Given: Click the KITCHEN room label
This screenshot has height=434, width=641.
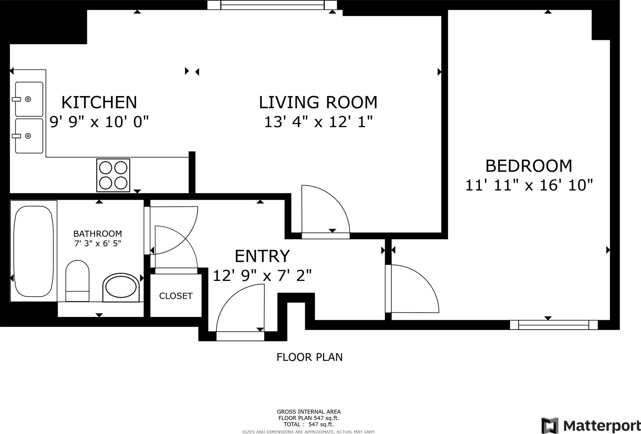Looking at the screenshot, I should pos(99,102).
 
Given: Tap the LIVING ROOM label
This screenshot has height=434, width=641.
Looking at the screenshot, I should pos(318,102).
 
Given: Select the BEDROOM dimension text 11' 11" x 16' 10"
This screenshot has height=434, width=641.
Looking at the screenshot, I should pos(529,185).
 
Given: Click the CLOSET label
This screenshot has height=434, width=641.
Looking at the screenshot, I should pos(176,296).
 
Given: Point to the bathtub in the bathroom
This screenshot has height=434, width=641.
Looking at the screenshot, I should pos(33,251).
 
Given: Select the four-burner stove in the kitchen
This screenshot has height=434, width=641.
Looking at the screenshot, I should pos(113,175).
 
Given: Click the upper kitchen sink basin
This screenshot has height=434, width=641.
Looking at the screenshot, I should pos(29,99).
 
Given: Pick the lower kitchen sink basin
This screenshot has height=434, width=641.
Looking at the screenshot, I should pos(29,136).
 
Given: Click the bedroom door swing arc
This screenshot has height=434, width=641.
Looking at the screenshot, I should pos(416,288).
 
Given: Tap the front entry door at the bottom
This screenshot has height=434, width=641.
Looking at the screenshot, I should pos(240,336).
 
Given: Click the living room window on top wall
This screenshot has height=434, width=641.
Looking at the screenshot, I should pos(272,5).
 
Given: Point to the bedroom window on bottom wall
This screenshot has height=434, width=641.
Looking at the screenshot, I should pos(554,325).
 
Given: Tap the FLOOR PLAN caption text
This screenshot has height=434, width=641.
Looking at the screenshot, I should pos(310,357).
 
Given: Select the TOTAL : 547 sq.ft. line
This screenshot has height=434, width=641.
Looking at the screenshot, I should pos(309,425).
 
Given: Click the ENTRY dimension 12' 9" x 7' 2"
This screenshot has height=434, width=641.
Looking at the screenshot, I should pos(262,276).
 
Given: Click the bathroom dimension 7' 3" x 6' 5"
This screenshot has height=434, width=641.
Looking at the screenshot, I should pos(97,243).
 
